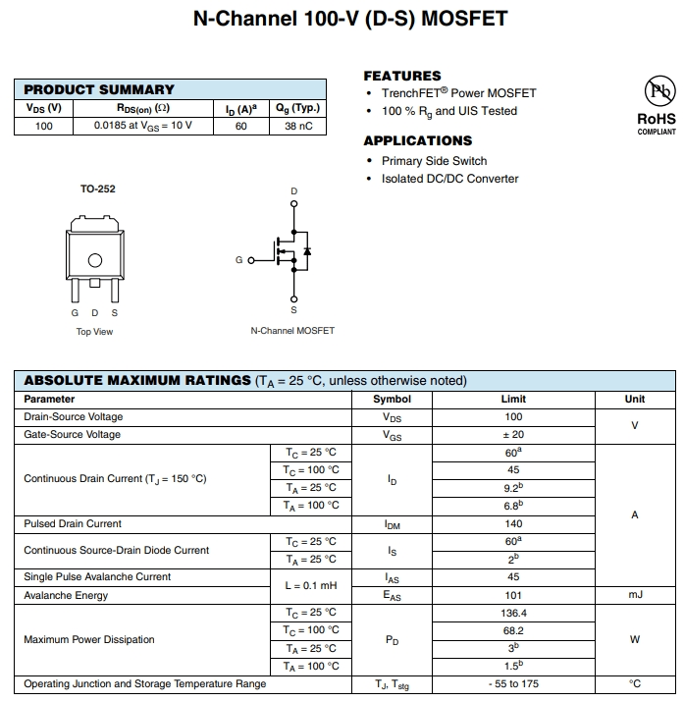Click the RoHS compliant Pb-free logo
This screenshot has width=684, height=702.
pos(657,93)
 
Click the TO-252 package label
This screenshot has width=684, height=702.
pos(97,189)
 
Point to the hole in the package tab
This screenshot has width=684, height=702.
pos(94,260)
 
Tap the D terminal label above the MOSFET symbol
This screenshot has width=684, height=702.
pos(293,190)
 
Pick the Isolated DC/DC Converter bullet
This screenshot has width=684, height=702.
pos(449,179)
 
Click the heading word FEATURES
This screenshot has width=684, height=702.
pos(402,76)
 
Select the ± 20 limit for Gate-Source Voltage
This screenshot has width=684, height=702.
pos(513,435)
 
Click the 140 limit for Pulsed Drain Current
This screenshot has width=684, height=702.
pos(513,524)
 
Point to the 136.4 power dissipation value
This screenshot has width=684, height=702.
pos(513,613)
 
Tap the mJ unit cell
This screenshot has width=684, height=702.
pos(634,595)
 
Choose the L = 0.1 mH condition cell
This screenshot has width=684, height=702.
pos(310,586)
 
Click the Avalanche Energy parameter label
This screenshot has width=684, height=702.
pos(66,595)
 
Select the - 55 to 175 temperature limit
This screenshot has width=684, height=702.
pos(513,684)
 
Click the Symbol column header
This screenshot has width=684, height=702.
pos(392,400)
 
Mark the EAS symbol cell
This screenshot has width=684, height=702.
pos(392,596)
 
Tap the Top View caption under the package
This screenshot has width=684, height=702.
pos(94,332)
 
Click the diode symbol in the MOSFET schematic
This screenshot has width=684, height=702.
pos(307,252)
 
